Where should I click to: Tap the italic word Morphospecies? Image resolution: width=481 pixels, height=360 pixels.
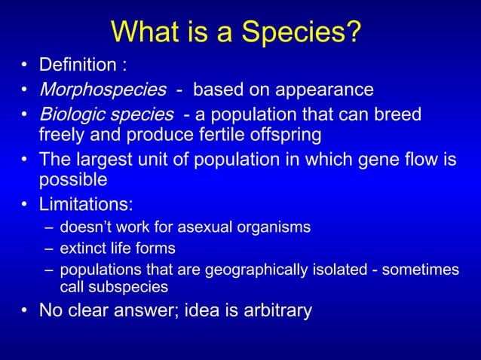click(103, 90)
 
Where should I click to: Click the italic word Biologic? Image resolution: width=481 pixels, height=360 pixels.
click(71, 115)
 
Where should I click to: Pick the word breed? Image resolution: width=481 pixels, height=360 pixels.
click(398, 115)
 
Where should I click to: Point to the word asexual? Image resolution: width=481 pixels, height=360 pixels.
click(197, 227)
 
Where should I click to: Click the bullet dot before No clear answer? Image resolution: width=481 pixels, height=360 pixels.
click(26, 310)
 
